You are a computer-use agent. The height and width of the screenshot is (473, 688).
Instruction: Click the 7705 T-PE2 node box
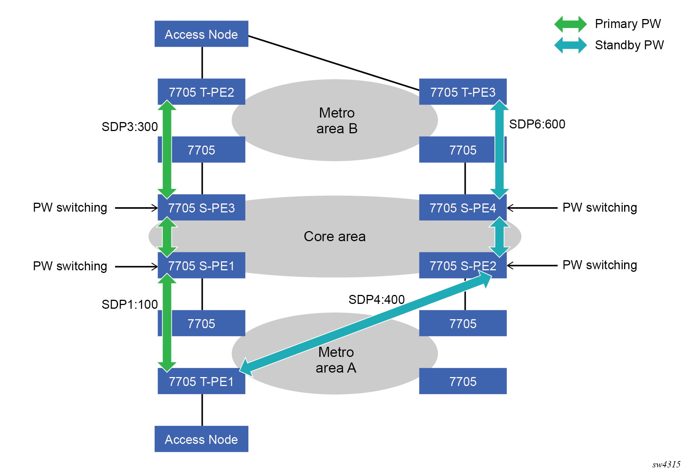pyautogui.click(x=201, y=91)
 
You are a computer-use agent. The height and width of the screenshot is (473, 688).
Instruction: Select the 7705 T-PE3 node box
pyautogui.click(x=463, y=91)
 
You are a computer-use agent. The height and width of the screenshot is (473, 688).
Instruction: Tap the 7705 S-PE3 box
pyautogui.click(x=201, y=208)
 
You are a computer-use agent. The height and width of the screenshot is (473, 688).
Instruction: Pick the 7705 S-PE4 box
pyautogui.click(x=463, y=208)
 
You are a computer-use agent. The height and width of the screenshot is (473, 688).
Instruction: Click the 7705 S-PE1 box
pyautogui.click(x=201, y=265)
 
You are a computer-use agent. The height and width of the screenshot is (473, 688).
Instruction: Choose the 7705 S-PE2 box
pyautogui.click(x=463, y=265)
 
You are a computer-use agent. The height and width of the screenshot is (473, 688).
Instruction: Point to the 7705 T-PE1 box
pyautogui.click(x=201, y=381)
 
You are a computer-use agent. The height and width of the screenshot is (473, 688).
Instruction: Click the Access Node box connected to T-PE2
pyautogui.click(x=201, y=34)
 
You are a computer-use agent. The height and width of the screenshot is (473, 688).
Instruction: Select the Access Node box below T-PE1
pyautogui.click(x=201, y=439)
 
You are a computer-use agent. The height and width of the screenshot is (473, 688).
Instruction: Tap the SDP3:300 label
pyautogui.click(x=130, y=127)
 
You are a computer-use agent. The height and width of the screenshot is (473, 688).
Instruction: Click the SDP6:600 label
pyautogui.click(x=537, y=124)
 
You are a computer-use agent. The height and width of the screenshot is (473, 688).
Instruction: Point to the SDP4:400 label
pyautogui.click(x=376, y=299)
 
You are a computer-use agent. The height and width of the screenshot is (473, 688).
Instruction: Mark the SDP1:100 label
pyautogui.click(x=130, y=304)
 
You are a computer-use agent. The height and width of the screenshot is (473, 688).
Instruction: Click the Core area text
pyautogui.click(x=335, y=236)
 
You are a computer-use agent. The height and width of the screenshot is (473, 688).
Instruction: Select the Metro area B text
pyautogui.click(x=337, y=121)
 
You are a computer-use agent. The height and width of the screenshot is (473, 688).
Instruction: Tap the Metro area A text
pyautogui.click(x=336, y=360)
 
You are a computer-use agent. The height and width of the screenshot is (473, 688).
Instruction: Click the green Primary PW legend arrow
pyautogui.click(x=570, y=24)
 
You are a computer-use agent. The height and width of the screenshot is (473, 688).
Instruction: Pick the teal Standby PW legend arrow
pyautogui.click(x=570, y=45)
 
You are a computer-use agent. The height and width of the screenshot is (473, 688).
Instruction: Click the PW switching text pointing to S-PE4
pyautogui.click(x=599, y=208)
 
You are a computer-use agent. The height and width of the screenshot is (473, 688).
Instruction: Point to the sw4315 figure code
pyautogui.click(x=666, y=464)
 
